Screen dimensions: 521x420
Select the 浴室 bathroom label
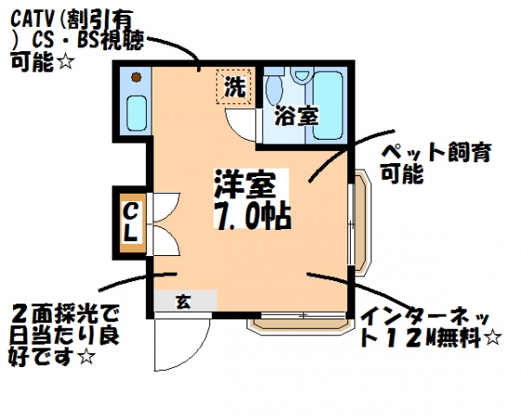point(297,115)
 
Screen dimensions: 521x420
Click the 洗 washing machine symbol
point(235,87)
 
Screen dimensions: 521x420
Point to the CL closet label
point(130,223)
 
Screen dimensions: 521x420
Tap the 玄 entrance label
point(183,302)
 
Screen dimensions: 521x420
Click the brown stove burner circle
point(136,77)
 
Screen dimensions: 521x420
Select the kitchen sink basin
point(137,114)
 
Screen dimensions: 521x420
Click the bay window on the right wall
point(360,223)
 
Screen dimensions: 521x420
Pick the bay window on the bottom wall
point(300,323)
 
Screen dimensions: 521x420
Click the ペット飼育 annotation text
point(436,153)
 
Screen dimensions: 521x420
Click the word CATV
point(33,20)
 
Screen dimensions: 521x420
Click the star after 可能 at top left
point(65,61)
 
